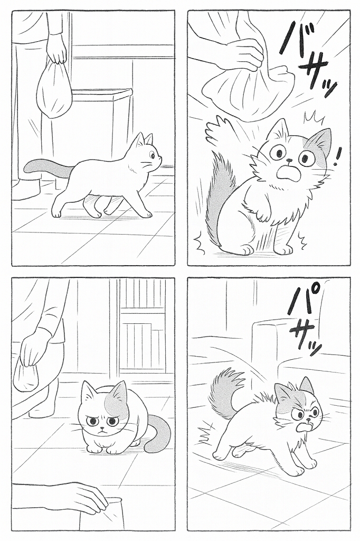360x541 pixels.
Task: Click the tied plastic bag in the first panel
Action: [x=54, y=89]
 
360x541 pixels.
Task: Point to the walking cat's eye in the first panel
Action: [x=153, y=156]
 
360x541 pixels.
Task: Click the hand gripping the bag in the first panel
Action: [x=56, y=48]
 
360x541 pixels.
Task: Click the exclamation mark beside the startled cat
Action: [x=338, y=156]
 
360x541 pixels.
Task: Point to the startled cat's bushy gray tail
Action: [x=219, y=197]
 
